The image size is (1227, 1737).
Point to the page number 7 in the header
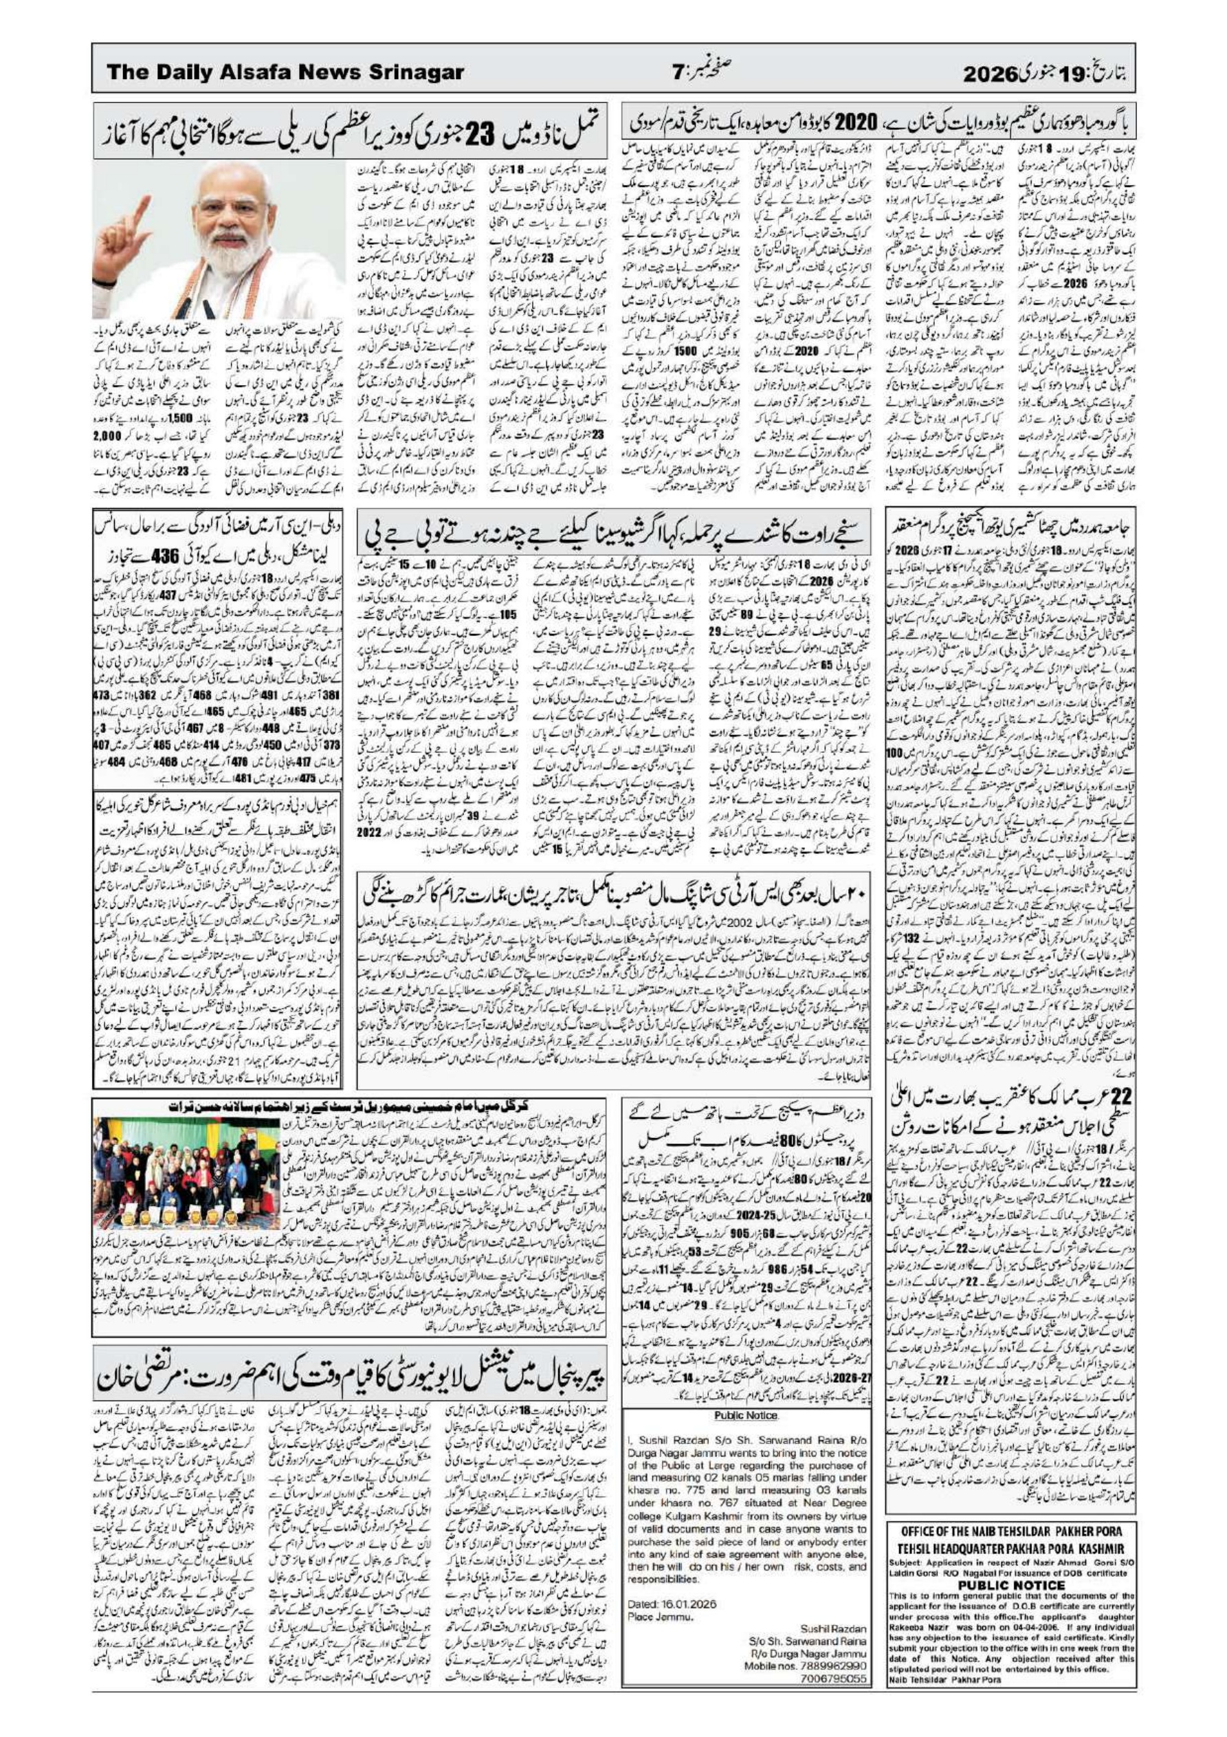[x=678, y=72]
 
